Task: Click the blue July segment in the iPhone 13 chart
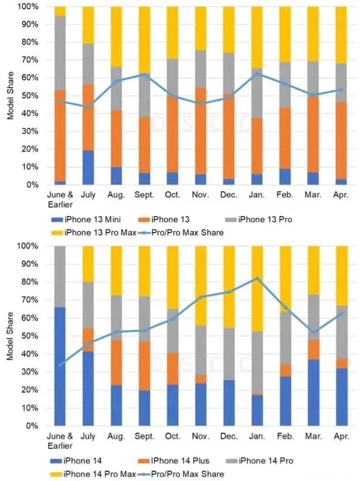[88, 167]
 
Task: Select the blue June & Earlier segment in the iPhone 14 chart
[60, 366]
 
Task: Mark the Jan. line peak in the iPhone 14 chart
[257, 278]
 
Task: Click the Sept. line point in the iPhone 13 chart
[145, 74]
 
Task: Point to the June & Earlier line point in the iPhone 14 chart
[60, 365]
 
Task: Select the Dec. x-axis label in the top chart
[229, 195]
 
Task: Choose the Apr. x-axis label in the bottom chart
[341, 436]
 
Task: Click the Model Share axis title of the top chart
[11, 96]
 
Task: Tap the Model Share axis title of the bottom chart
[11, 336]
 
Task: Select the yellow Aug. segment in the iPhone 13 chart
[116, 37]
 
